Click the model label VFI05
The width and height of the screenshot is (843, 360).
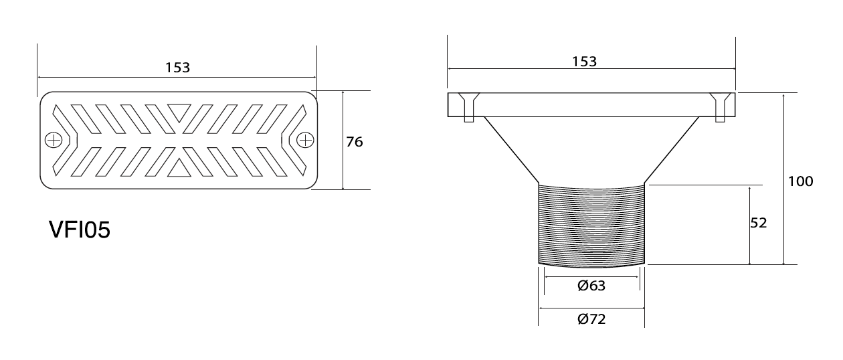click(x=80, y=230)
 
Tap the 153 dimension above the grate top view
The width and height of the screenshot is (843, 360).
click(x=178, y=68)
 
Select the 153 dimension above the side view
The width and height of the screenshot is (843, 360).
click(x=584, y=62)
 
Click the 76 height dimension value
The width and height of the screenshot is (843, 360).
click(x=354, y=142)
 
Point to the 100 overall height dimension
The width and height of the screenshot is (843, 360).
click(x=800, y=181)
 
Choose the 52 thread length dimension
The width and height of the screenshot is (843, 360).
click(x=758, y=223)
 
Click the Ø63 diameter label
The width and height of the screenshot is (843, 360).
click(x=591, y=286)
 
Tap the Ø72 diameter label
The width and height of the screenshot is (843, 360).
click(x=591, y=319)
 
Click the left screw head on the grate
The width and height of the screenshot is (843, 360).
click(x=54, y=141)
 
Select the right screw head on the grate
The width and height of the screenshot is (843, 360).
click(x=305, y=141)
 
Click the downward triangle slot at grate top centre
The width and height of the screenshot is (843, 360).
click(x=179, y=112)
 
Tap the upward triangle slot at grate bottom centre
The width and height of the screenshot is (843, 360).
click(x=179, y=169)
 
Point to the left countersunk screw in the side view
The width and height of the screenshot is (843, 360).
click(x=468, y=107)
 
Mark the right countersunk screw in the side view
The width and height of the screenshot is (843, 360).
click(x=720, y=107)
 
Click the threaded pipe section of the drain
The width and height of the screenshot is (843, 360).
click(x=591, y=226)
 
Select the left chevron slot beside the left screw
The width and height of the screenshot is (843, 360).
click(x=65, y=140)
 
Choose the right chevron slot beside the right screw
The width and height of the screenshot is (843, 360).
click(x=294, y=140)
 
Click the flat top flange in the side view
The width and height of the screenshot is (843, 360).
click(x=591, y=104)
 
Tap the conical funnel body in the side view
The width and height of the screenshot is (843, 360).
click(x=591, y=150)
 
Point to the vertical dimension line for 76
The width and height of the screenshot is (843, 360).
click(x=343, y=140)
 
